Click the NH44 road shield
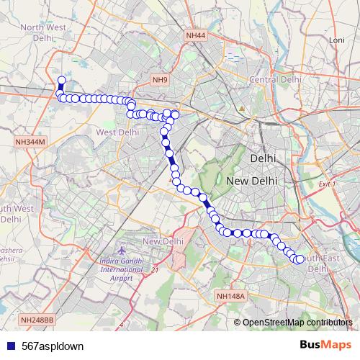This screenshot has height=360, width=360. coord(194,35)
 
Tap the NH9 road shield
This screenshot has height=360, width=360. coord(160,80)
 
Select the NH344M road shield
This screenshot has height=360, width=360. coord(30,143)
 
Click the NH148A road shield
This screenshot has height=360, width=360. coord(230,295)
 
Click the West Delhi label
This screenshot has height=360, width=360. coord(116,132)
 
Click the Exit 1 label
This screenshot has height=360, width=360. coord(328,185)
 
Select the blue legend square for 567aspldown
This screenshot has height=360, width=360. coord(9,346)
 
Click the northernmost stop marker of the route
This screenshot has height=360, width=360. coord(61,81)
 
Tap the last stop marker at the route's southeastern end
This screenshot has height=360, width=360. coord(300,260)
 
